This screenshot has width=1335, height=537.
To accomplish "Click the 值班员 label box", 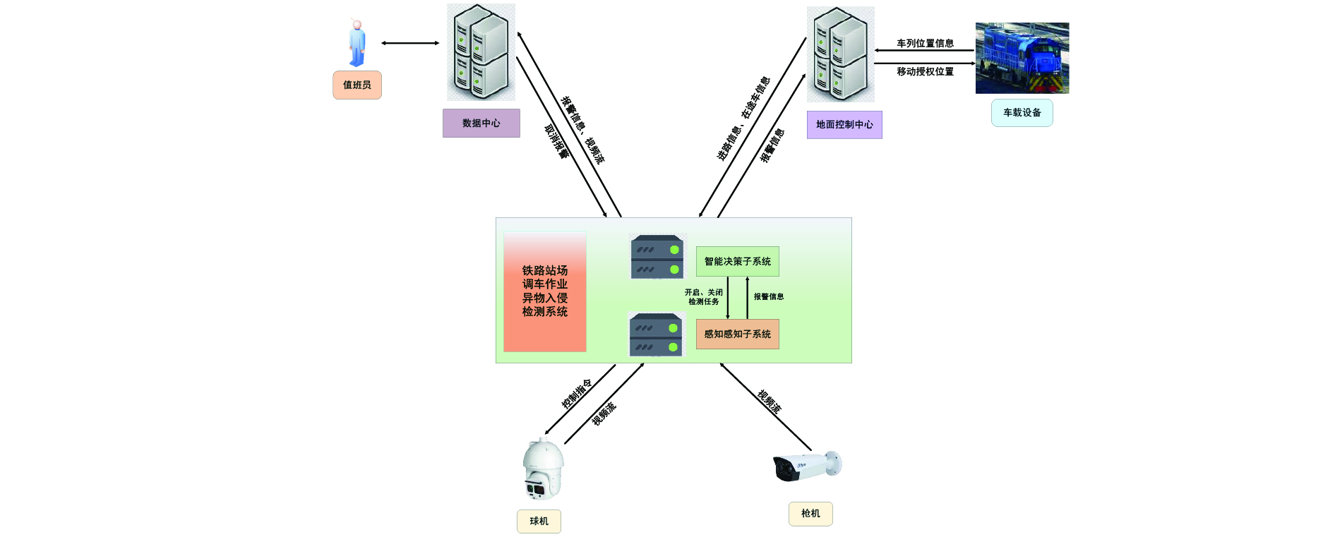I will (357, 85).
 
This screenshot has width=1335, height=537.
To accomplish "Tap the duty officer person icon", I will (357, 44).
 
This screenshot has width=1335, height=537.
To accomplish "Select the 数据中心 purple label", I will (481, 123).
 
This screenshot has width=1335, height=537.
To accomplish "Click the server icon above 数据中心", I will (481, 52).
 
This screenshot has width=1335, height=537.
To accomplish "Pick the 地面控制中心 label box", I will (844, 125).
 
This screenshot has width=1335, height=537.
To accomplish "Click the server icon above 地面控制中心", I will (840, 54).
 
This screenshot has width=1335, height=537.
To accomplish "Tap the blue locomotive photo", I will (1022, 58).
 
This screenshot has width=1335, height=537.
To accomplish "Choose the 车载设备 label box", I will (1022, 113).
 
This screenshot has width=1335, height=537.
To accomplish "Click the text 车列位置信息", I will (925, 43).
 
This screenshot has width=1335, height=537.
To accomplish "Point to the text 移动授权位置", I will (925, 71).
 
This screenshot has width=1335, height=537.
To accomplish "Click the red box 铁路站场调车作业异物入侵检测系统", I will (545, 291).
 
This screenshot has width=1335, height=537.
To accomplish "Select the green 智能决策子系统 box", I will (737, 261).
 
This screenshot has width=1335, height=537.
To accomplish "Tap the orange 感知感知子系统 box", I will (737, 334).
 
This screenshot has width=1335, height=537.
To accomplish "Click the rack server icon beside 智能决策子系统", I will (657, 257).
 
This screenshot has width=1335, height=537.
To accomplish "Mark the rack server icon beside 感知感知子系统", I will (657, 334).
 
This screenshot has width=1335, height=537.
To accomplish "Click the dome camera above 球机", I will (543, 469).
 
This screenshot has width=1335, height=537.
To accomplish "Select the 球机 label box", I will (539, 521).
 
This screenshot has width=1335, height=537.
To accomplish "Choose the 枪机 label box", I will (810, 514).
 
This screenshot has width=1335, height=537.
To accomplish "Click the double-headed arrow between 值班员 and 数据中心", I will (410, 43).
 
